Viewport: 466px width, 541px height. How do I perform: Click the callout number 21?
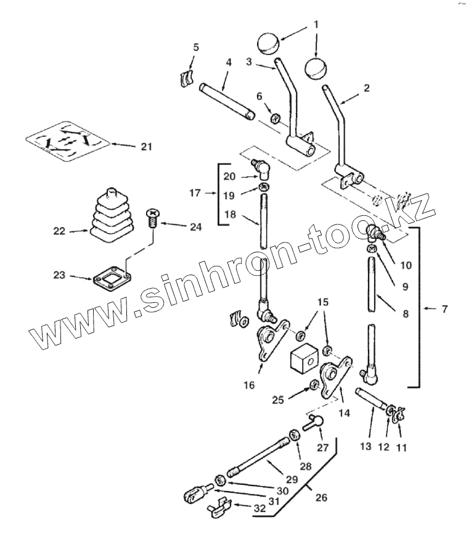147,146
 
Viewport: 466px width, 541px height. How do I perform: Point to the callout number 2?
366,88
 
